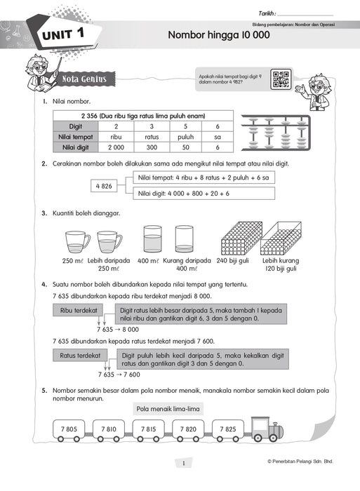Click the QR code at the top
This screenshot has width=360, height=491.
[281, 80]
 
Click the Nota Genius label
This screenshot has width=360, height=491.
[84, 79]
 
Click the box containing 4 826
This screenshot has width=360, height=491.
[103, 186]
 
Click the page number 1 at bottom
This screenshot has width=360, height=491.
[182, 462]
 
